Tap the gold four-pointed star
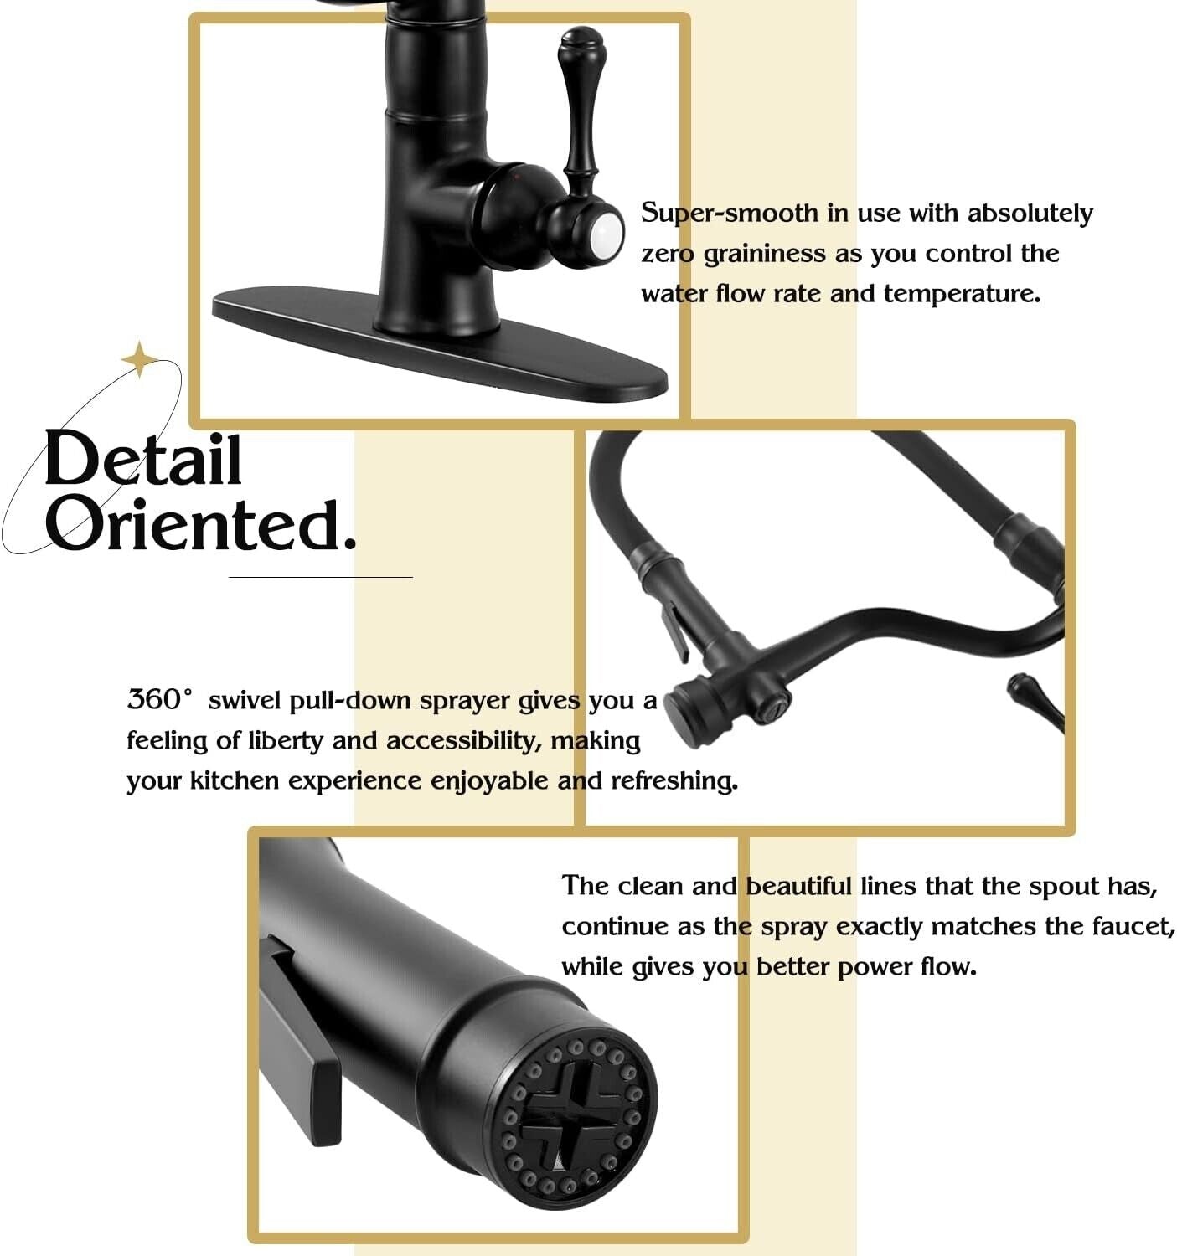coord(139,359)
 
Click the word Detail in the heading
coord(143,459)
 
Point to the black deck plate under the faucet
coord(439,347)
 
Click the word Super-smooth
coord(729,214)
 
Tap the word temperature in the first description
coord(961,294)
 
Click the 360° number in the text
coord(159,699)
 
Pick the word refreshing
coord(674,781)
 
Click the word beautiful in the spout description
coord(798,885)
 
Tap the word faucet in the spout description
coord(1133,926)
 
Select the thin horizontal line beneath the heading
coord(320,577)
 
